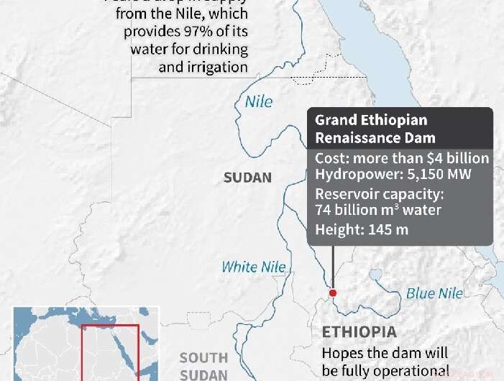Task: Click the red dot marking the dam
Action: (x=332, y=293)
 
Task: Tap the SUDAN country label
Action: (x=247, y=178)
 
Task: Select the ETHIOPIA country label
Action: (x=359, y=332)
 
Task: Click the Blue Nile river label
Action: (x=434, y=293)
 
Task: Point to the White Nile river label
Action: (x=253, y=267)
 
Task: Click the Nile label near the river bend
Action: (x=259, y=101)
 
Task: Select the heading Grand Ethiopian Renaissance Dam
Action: (x=375, y=129)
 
